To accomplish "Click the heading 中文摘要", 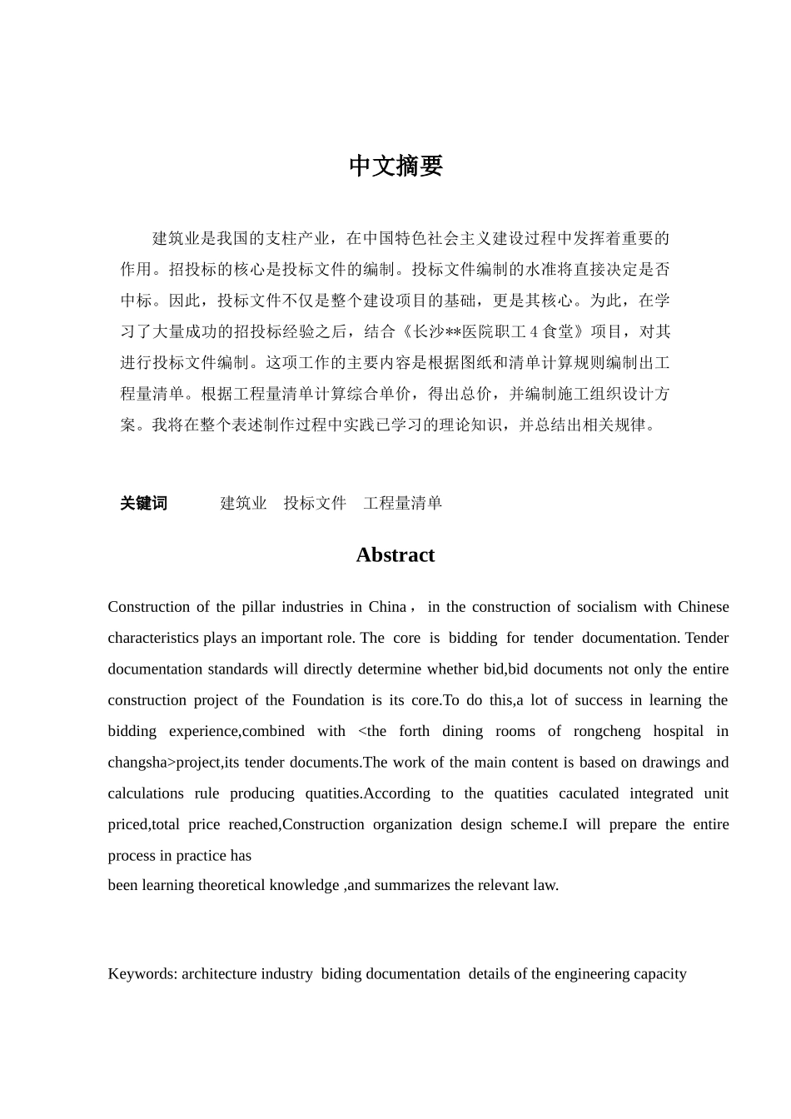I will [395, 167].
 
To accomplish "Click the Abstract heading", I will [395, 555].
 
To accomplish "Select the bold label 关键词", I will [143, 503].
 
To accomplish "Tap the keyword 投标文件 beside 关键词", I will [315, 503].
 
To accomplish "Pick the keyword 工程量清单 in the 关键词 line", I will [402, 503].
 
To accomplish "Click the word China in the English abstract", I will [387, 607].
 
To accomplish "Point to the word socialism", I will [583, 607].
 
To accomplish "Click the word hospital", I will [679, 731].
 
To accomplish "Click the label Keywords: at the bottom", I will [142, 973].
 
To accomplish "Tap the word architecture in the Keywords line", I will [219, 973].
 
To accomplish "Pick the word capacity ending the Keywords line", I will [658, 973].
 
